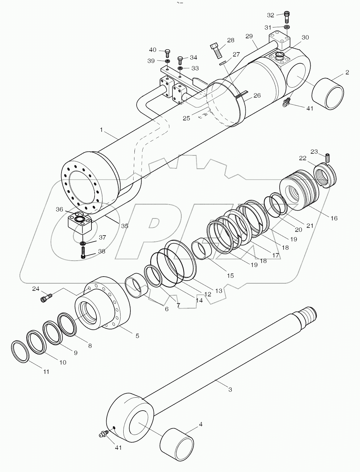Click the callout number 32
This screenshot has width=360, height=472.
tap(270, 15)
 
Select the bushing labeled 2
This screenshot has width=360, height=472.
tap(328, 94)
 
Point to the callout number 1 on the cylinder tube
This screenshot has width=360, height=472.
tap(101, 130)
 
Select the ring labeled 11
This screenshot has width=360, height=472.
tap(20, 352)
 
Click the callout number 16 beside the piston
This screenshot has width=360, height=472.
tap(334, 218)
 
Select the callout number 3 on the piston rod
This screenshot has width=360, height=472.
tap(230, 390)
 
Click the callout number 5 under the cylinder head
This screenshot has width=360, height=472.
tap(137, 336)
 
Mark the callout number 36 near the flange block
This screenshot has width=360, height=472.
tap(59, 210)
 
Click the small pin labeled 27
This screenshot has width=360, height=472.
tap(223, 63)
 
